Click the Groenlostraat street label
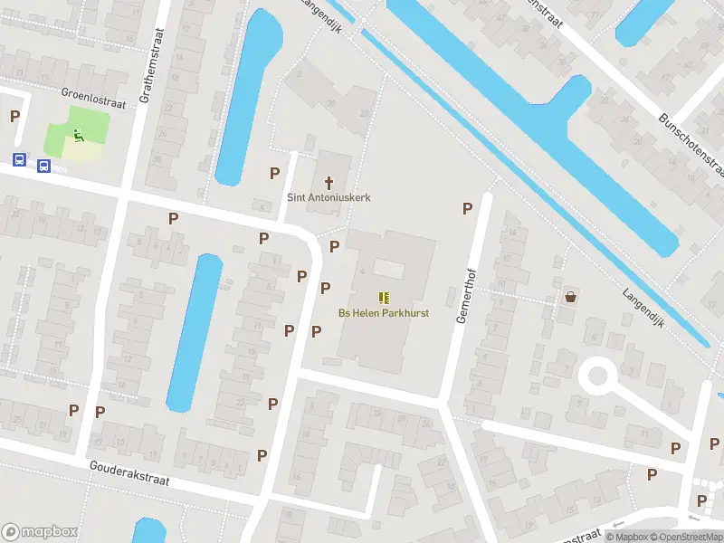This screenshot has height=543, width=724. [x=93, y=99]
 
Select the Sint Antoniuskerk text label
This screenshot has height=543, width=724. [x=329, y=197]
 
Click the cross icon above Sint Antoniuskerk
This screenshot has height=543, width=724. [x=329, y=182]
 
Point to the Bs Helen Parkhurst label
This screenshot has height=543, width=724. [x=384, y=313]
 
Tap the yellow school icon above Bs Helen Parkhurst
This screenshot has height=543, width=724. [x=384, y=298]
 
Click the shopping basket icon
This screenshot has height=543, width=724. [x=570, y=296]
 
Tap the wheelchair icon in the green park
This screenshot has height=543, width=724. [x=78, y=137]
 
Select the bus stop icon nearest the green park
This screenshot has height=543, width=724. [x=43, y=165]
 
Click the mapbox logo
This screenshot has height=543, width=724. [x=40, y=531]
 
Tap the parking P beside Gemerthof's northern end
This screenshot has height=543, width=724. [x=467, y=208]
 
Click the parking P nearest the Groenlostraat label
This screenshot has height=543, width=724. [x=14, y=116]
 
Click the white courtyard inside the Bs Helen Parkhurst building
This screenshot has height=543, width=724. [x=389, y=269]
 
